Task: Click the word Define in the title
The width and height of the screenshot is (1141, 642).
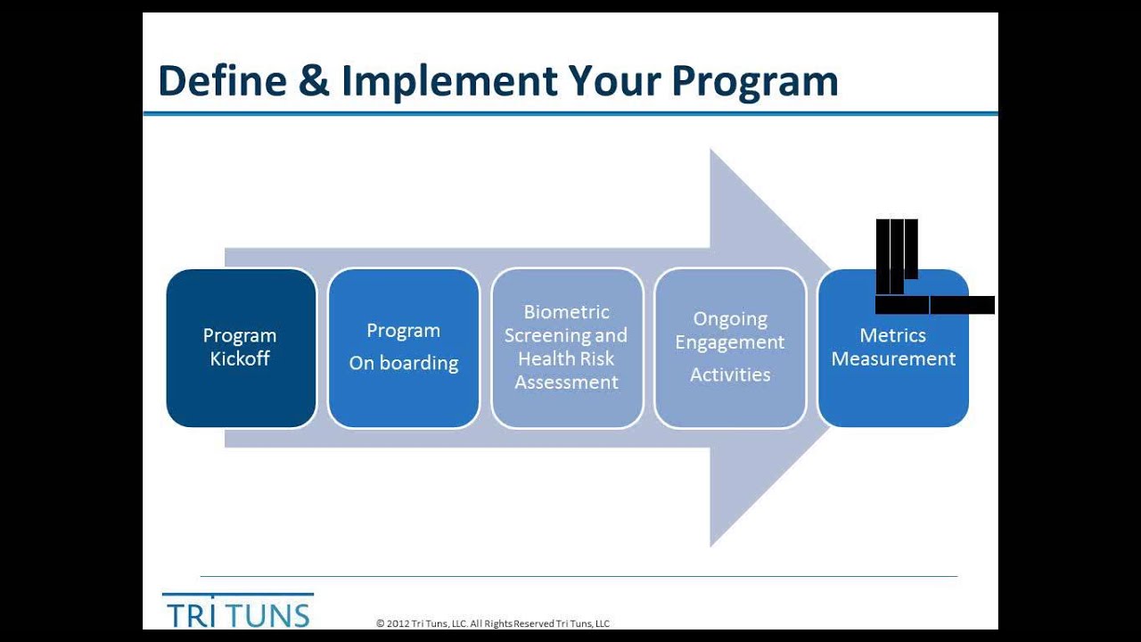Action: (222, 81)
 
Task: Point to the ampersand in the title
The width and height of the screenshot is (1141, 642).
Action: (314, 81)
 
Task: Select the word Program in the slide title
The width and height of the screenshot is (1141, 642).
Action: (755, 81)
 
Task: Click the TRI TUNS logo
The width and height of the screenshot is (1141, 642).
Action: (237, 612)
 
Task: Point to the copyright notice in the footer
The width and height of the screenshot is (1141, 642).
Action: (492, 624)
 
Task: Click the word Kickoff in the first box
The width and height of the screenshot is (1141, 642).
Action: (240, 359)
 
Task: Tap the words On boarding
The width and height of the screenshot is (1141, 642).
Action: (403, 364)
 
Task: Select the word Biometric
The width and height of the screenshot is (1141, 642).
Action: (566, 312)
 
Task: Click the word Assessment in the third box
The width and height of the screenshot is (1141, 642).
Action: (566, 383)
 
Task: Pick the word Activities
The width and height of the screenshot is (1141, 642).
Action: (730, 375)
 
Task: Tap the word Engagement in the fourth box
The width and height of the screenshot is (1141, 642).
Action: (730, 342)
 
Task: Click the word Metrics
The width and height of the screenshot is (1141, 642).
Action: (892, 335)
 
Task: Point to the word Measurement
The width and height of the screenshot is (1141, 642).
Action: (893, 359)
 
